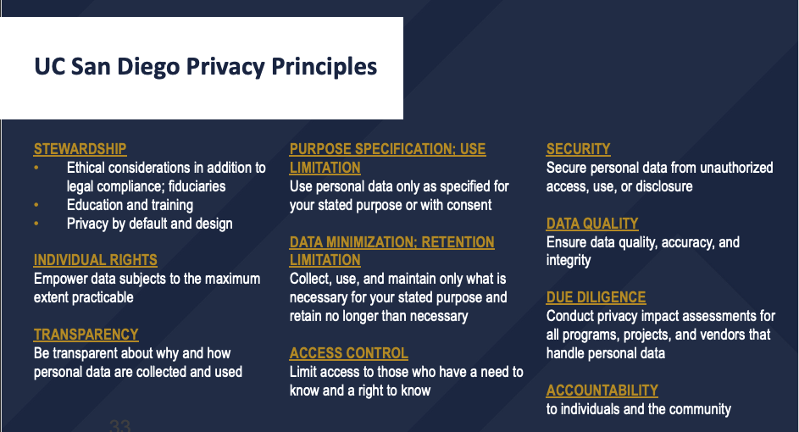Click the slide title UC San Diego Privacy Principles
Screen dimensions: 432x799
(x=205, y=66)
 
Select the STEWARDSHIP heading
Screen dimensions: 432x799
(x=80, y=149)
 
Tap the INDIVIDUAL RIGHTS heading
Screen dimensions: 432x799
(x=95, y=260)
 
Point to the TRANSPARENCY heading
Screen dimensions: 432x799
(x=86, y=335)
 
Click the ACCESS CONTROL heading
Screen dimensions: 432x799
(x=348, y=353)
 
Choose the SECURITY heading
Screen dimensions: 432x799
(x=578, y=149)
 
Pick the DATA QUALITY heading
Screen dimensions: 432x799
(x=591, y=224)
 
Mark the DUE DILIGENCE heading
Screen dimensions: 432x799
(x=596, y=297)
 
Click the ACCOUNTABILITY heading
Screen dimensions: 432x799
(x=602, y=390)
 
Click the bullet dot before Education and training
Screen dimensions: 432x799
(x=36, y=205)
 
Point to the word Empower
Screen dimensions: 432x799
(x=63, y=279)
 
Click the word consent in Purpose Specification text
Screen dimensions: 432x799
(x=467, y=205)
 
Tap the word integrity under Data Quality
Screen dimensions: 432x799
(x=569, y=260)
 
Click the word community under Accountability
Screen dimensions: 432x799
(x=698, y=409)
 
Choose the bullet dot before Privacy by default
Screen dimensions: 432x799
(x=36, y=224)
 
